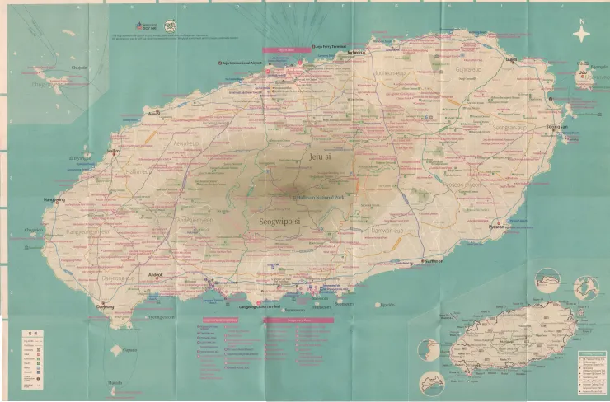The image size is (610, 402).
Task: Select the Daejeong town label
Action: tap(106, 306)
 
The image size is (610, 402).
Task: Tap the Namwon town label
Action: tap(433, 260)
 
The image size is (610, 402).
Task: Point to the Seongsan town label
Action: tap(557, 127)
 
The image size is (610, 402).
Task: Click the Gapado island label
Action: tap(129, 349)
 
